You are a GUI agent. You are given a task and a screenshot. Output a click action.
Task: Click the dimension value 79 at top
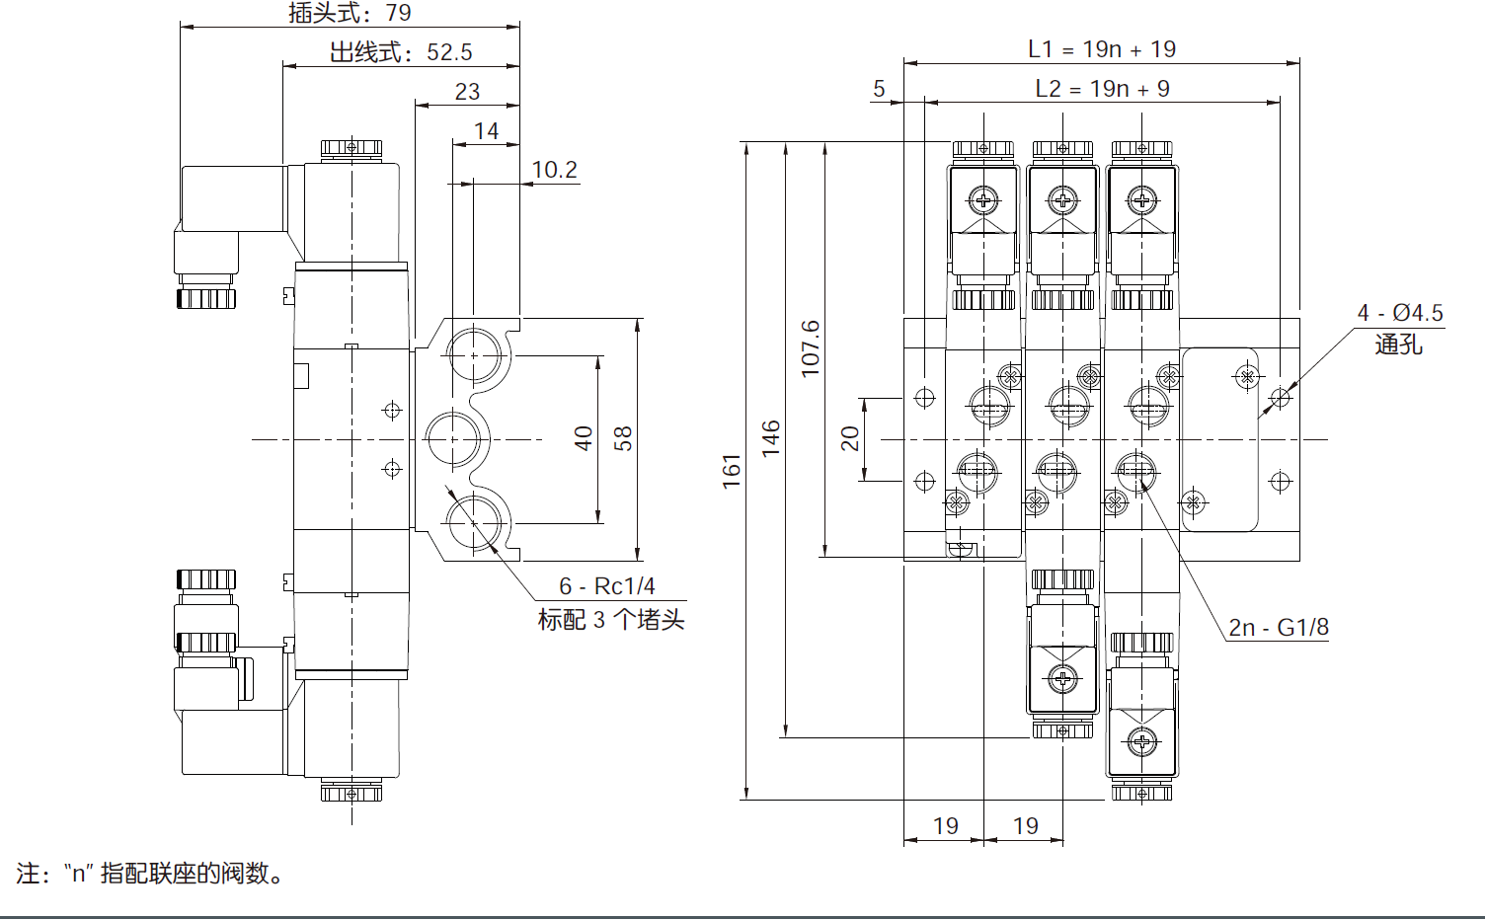click(x=398, y=13)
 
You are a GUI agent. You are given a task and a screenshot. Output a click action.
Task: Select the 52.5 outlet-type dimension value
click(x=449, y=52)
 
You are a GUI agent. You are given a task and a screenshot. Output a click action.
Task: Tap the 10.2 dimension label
click(x=554, y=170)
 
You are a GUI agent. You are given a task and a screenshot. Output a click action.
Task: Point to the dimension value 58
click(x=623, y=438)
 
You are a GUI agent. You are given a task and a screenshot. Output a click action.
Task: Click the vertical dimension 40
click(x=584, y=438)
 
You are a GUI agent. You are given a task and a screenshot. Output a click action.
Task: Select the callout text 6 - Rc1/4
click(x=606, y=586)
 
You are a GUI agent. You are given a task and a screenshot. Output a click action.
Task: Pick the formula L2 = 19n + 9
click(x=1102, y=89)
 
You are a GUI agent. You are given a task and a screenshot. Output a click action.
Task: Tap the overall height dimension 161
click(x=731, y=471)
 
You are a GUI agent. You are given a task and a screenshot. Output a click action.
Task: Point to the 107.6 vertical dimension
click(x=810, y=347)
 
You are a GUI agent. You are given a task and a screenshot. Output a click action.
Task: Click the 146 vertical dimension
click(x=771, y=437)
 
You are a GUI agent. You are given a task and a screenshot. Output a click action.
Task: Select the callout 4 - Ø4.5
click(x=1399, y=313)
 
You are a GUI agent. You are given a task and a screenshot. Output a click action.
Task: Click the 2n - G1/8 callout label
click(x=1278, y=628)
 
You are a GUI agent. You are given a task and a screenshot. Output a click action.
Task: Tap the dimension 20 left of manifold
click(x=850, y=438)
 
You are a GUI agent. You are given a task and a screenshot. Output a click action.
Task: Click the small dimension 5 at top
click(x=879, y=90)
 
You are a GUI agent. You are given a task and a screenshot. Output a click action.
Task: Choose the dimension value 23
click(x=467, y=92)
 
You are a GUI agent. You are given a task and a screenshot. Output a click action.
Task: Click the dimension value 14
click(x=486, y=131)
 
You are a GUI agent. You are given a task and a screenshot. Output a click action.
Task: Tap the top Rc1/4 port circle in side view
click(x=474, y=354)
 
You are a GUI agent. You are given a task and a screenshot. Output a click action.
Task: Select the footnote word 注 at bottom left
click(x=28, y=874)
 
